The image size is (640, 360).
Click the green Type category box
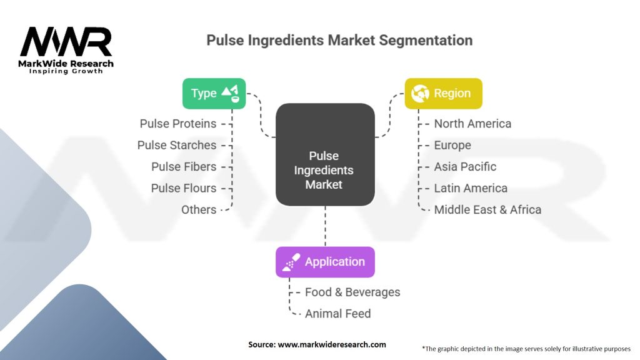214,94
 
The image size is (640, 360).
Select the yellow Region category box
443,94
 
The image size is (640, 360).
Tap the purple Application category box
325,262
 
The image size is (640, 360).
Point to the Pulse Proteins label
178,124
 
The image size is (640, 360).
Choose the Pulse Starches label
177,145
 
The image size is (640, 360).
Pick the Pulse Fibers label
184,167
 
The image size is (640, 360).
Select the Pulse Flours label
184,188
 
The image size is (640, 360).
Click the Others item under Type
199,209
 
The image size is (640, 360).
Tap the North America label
472,124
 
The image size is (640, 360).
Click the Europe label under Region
452,145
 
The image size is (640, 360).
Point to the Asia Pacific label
465,167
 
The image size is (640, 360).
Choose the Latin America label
471,188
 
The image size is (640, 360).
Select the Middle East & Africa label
487,209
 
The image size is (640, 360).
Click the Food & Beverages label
352,292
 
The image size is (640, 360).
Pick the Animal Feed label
337,313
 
